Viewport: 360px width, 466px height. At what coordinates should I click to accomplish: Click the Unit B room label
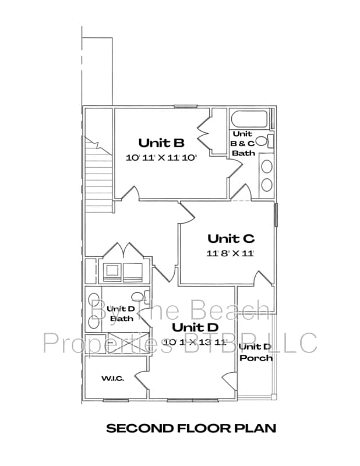[161, 142]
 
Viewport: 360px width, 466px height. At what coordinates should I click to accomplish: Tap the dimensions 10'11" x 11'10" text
[161, 157]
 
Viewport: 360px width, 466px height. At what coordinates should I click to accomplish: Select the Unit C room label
[231, 238]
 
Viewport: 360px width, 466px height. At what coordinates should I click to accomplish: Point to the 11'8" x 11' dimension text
[231, 253]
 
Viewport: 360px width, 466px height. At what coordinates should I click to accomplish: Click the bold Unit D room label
[195, 327]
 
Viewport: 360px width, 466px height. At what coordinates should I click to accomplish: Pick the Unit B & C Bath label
[243, 143]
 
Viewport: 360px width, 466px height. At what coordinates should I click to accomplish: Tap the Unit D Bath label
[122, 313]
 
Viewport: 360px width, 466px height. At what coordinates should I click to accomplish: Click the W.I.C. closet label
[112, 379]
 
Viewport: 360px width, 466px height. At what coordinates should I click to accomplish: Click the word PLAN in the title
[256, 429]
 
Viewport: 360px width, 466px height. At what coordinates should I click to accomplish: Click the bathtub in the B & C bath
[250, 120]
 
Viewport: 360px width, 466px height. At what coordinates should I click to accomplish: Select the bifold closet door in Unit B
[204, 135]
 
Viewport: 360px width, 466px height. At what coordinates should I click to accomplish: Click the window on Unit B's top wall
[185, 106]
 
